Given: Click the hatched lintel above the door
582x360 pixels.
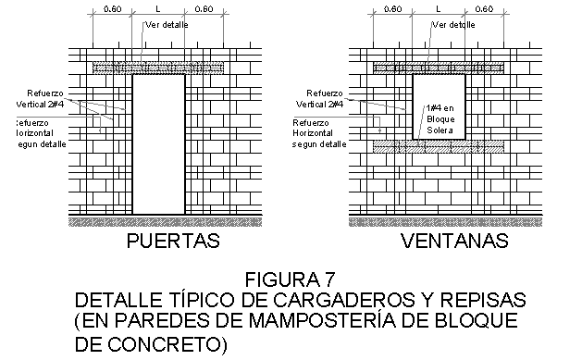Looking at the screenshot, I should (159, 68).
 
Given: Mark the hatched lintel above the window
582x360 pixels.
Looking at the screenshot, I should (438, 68).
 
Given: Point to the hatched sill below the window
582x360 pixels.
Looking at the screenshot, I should (438, 145).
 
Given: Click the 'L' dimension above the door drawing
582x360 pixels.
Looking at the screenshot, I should (159, 9).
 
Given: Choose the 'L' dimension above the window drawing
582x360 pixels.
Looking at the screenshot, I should (438, 9).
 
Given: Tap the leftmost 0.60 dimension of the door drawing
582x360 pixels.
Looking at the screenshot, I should (112, 9).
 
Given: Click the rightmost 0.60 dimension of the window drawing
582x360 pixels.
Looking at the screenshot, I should (484, 9).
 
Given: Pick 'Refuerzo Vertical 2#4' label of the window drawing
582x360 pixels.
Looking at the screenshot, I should (325, 98).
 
